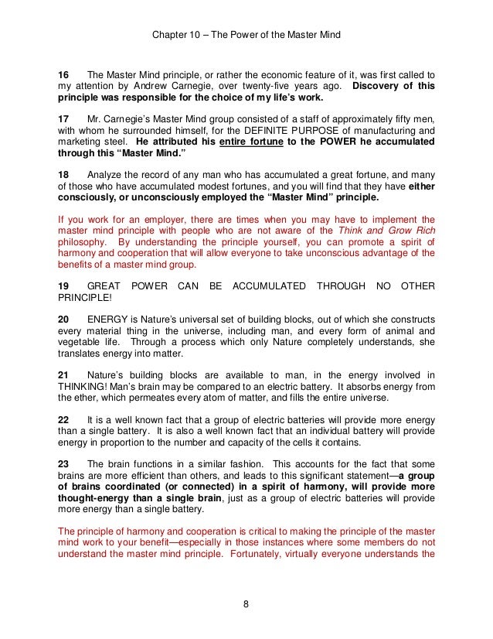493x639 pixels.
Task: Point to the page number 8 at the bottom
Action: click(x=246, y=605)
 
